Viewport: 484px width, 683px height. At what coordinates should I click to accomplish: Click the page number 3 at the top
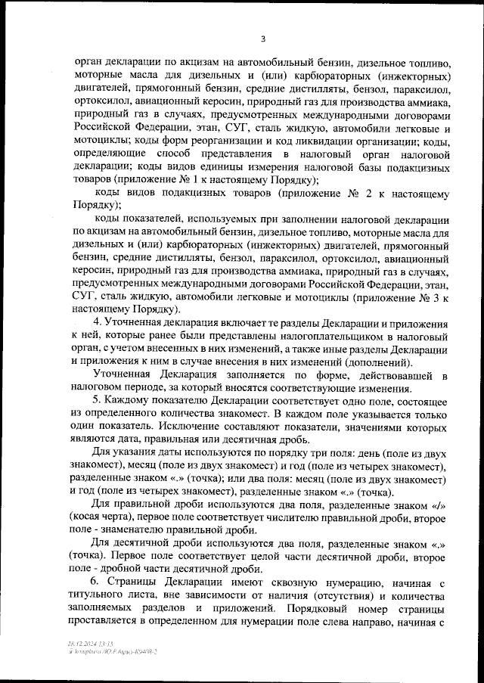(262, 40)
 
